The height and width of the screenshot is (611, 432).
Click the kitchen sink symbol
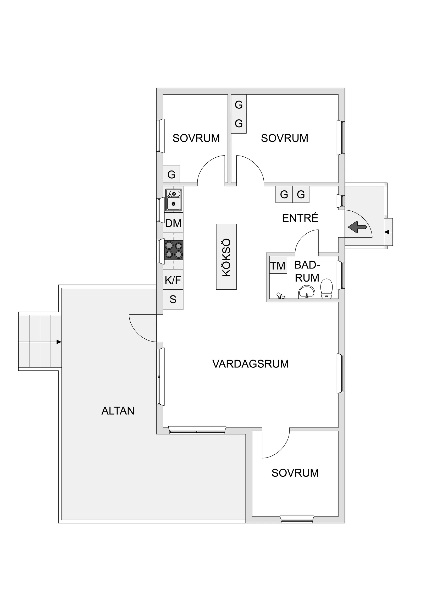pyautogui.click(x=174, y=200)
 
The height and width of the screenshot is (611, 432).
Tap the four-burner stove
pyautogui.click(x=174, y=250)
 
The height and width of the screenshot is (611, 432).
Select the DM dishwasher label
pyautogui.click(x=173, y=223)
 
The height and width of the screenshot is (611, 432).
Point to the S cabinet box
pyautogui.click(x=173, y=300)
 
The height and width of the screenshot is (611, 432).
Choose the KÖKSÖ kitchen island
pyautogui.click(x=226, y=257)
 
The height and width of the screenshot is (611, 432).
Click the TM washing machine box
pyautogui.click(x=278, y=265)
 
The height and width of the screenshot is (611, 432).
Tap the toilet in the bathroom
pyautogui.click(x=326, y=288)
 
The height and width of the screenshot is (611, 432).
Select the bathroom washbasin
pyautogui.click(x=307, y=293)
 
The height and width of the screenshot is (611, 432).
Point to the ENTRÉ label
pyautogui.click(x=300, y=218)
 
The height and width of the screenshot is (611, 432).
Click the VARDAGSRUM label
pyautogui.click(x=251, y=364)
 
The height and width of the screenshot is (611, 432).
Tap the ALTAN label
pyautogui.click(x=118, y=411)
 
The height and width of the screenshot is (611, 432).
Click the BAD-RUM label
pyautogui.click(x=307, y=271)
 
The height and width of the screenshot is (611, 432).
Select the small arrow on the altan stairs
pyautogui.click(x=59, y=342)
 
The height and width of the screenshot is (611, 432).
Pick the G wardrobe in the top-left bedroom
pyautogui.click(x=171, y=174)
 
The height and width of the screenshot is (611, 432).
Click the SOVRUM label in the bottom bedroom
pyautogui.click(x=295, y=473)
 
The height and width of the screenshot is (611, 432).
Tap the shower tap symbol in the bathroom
pyautogui.click(x=281, y=296)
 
